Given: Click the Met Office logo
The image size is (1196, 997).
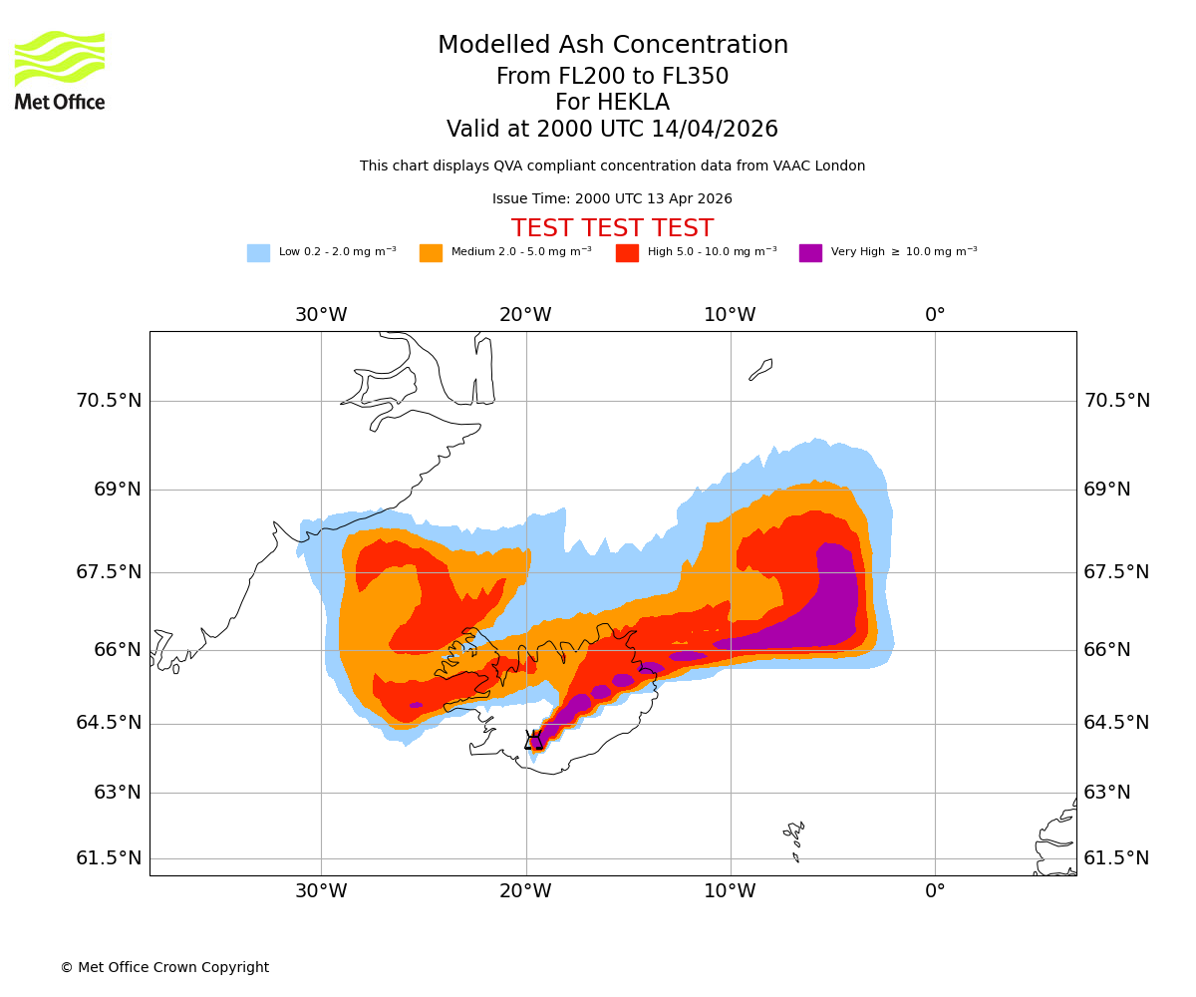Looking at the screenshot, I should (x=60, y=70).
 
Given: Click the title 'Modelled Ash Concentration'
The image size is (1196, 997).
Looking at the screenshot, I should (x=612, y=46).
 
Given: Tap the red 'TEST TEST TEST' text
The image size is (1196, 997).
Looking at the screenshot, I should (x=612, y=228).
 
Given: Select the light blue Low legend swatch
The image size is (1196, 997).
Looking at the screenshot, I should (x=258, y=253).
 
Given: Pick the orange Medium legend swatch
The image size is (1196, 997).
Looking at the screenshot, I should (x=431, y=253).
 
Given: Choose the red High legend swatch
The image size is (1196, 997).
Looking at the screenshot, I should (x=627, y=253).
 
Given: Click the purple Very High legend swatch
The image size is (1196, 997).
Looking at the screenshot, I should (x=810, y=253).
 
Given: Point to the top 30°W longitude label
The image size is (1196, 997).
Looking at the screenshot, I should (x=321, y=315).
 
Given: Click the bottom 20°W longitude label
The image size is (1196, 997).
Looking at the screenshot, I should (x=525, y=891).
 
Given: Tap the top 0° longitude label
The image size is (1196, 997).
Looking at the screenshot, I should (x=935, y=315).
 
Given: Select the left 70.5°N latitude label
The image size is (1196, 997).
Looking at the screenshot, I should (x=109, y=401).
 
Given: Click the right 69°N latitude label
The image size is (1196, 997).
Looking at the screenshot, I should (x=1107, y=490).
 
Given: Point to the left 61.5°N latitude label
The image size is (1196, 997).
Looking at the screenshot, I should (x=109, y=858).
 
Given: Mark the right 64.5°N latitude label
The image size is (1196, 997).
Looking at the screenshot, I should (x=1116, y=723).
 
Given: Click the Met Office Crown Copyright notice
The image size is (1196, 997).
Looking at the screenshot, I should (x=164, y=967).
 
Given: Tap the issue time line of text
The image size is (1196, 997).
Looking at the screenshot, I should (x=612, y=199).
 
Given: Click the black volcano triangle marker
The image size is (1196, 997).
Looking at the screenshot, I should (x=534, y=740).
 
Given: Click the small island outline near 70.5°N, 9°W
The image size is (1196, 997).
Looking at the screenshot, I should (x=760, y=370).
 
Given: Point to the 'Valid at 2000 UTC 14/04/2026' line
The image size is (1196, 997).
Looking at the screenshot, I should (x=612, y=130).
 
